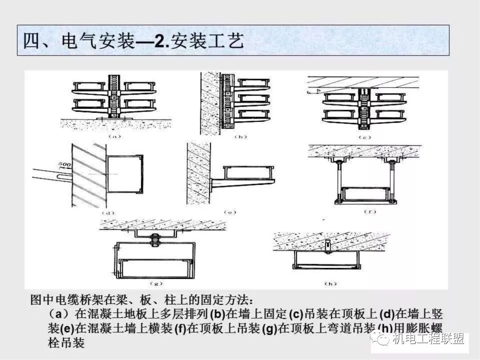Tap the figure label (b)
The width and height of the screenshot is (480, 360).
240,137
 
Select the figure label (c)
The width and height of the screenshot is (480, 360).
364,137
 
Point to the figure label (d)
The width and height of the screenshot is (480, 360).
108,213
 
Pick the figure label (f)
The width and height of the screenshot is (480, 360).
370,212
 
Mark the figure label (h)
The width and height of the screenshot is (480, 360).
330,283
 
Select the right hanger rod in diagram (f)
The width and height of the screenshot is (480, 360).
392,180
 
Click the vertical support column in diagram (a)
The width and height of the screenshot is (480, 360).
115,96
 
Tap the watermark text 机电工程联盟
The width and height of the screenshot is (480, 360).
428,340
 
